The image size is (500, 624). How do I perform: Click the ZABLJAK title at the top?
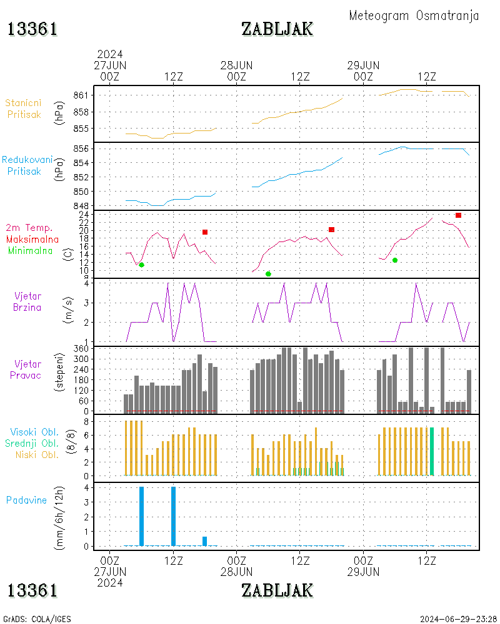(277, 29)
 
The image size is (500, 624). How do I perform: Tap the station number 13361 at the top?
(32, 29)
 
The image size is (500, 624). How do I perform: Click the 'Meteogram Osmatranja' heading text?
(414, 16)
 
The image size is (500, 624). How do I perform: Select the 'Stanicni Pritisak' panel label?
(24, 108)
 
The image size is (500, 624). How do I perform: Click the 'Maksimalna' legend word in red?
(32, 239)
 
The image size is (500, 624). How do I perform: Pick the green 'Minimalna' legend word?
(31, 250)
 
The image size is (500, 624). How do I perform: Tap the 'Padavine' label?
(26, 500)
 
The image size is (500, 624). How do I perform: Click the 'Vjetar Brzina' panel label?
(28, 301)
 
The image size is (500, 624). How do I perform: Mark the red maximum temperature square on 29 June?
(458, 215)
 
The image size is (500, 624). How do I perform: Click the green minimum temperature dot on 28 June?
(268, 274)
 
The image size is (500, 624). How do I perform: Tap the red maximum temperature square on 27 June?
(204, 232)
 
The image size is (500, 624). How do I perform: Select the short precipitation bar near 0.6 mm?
(204, 541)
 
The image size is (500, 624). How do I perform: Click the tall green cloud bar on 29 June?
(432, 451)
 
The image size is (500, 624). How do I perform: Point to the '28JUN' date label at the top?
(236, 65)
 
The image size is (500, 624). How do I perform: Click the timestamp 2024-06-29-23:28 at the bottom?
(458, 619)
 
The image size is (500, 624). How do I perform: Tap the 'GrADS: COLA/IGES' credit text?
(37, 619)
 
